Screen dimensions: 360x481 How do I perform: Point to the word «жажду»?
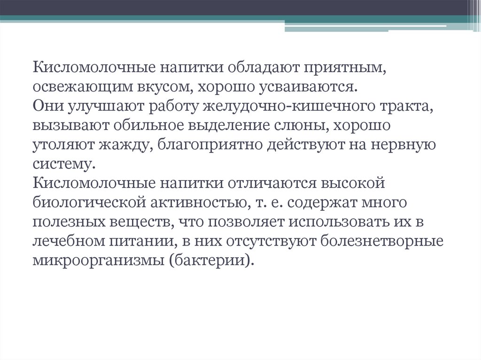click(123, 145)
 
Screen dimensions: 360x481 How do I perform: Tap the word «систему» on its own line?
click(62, 164)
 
